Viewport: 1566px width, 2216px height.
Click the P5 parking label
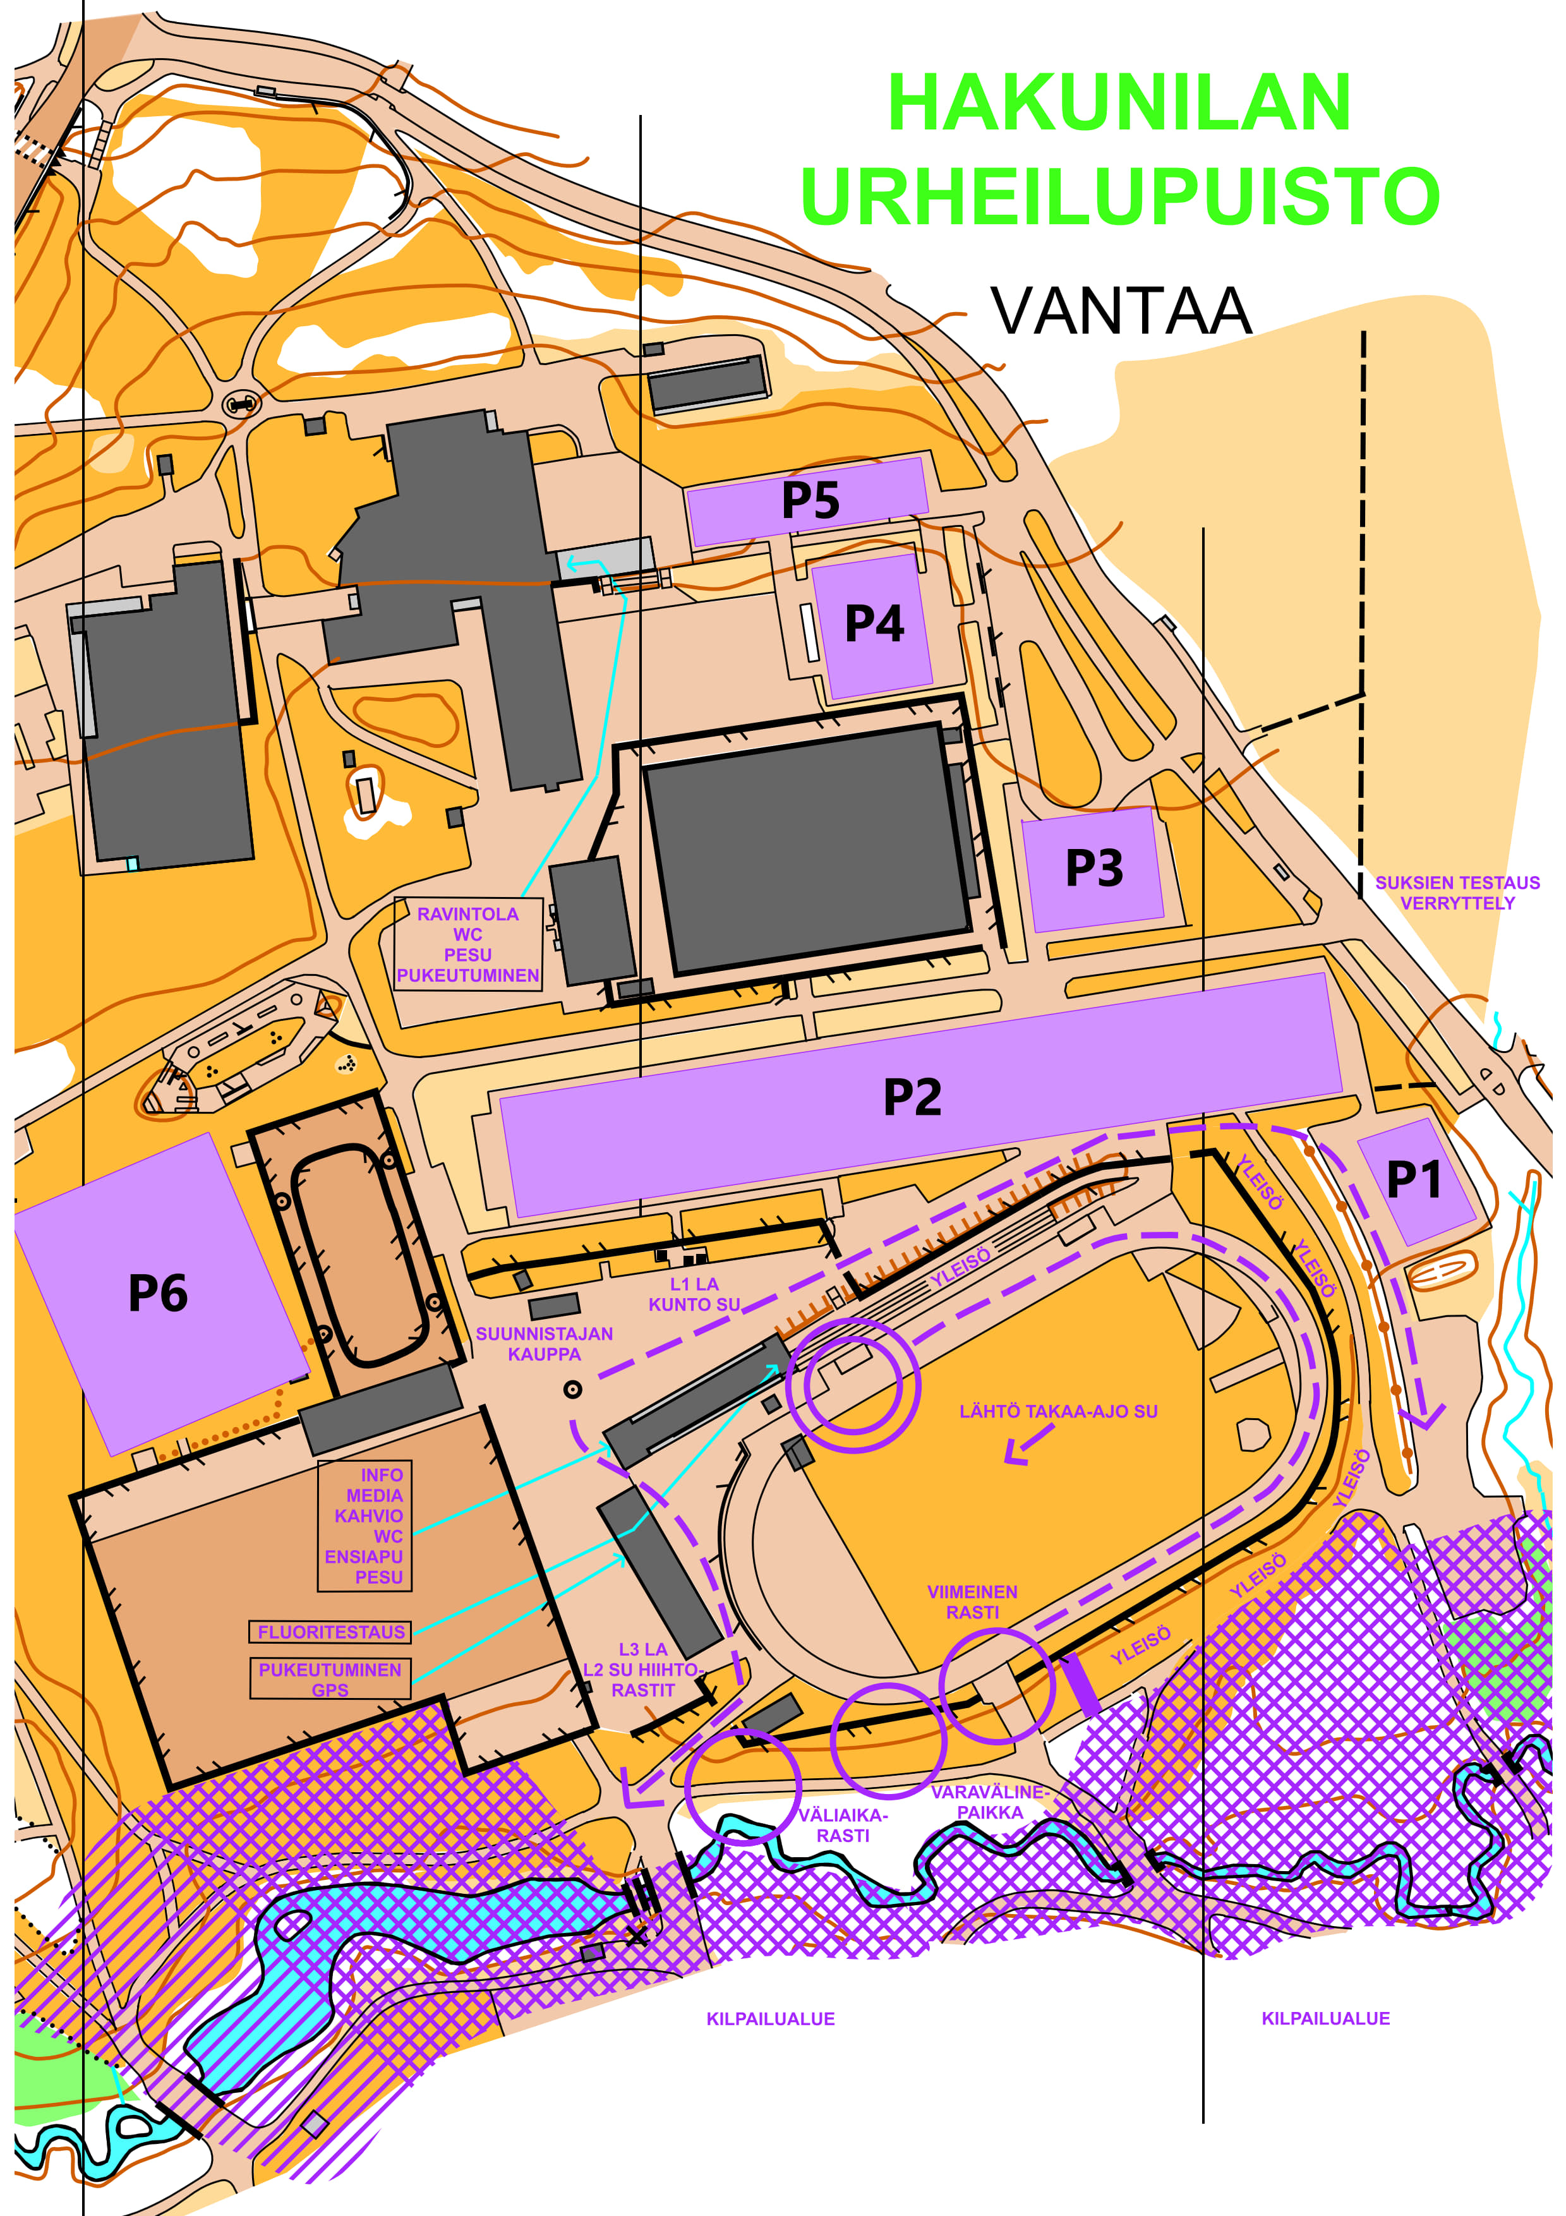(810, 500)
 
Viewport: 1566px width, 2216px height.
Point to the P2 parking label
(912, 1097)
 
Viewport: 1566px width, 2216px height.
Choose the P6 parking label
(157, 1293)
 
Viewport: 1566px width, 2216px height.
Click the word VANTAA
(1121, 311)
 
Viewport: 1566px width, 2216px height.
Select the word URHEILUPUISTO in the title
(1119, 196)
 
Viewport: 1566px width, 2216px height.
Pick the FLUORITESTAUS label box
(330, 1632)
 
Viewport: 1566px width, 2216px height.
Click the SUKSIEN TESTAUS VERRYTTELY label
(1457, 893)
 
